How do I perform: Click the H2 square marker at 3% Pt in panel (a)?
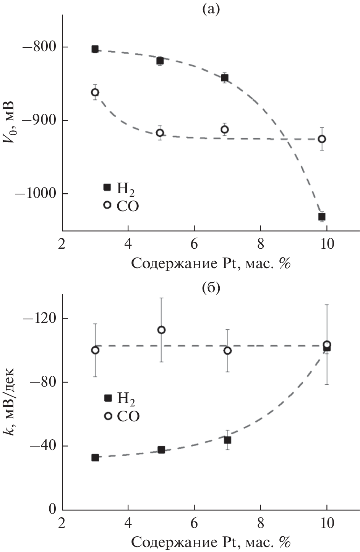pos(95,49)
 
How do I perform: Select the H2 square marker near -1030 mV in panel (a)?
pos(322,217)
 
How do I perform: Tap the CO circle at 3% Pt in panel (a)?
pos(95,92)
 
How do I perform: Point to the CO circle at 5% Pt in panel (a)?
pos(160,133)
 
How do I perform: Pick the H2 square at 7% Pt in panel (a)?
pos(225,78)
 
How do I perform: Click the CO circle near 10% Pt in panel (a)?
pos(322,139)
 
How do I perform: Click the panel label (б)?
pos(211,288)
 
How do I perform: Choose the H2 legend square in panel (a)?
pos(107,187)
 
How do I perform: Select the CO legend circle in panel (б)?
pos(108,416)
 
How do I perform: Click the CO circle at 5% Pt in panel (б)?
pos(161,330)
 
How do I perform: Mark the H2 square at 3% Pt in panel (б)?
pos(95,457)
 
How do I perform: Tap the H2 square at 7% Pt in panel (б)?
pos(227,440)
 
